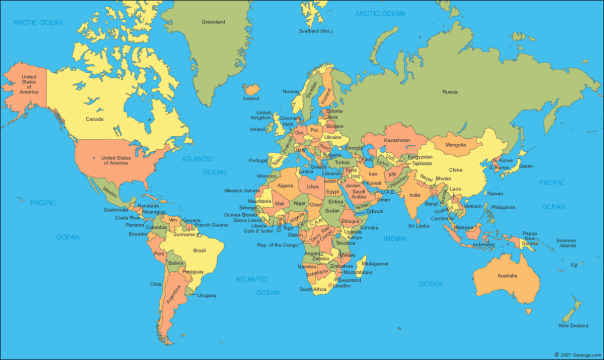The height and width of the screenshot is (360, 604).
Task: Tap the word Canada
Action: point(95,119)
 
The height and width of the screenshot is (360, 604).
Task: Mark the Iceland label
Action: point(251,98)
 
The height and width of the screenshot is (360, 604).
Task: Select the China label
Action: point(456,172)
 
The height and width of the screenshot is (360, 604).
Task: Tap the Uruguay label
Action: point(207,295)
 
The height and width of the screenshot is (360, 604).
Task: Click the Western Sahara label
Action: point(242,189)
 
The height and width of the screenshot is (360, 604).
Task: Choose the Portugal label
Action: point(255,160)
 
